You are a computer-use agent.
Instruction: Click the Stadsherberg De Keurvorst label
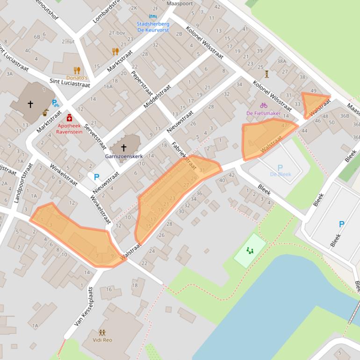click(153, 27)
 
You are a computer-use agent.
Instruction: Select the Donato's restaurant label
click(77, 78)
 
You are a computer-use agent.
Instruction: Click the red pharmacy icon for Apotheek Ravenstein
click(69, 117)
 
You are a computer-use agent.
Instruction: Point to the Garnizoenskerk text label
click(123, 156)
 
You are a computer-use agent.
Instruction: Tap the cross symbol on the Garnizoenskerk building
click(123, 148)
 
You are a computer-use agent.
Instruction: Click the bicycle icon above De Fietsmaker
click(264, 106)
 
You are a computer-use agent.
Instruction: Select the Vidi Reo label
click(102, 340)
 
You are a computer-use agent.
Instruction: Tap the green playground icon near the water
click(250, 251)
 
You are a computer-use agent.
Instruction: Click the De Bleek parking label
click(280, 174)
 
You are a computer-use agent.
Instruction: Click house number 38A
click(281, 61)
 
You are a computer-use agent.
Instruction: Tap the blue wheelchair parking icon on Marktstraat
click(55, 103)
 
